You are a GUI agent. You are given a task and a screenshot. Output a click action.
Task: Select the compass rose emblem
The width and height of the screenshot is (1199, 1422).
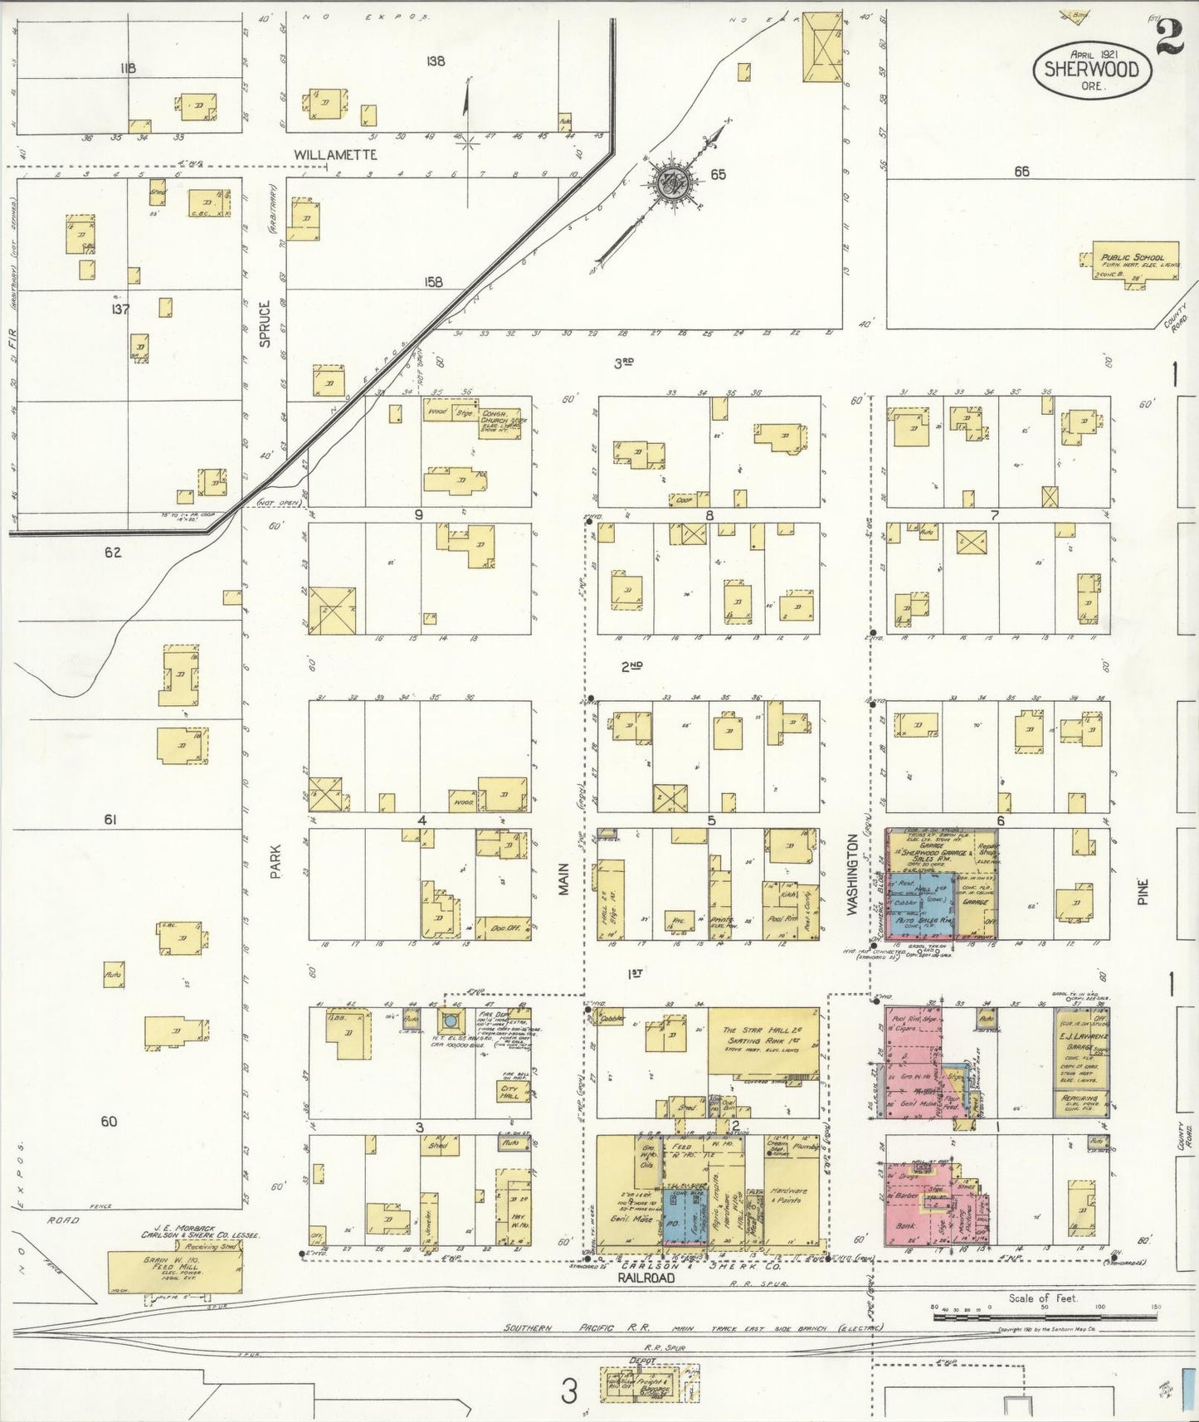[x=670, y=183]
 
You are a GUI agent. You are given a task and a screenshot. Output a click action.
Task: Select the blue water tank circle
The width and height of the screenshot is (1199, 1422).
[x=451, y=1020]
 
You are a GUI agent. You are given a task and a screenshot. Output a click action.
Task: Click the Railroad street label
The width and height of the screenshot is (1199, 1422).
[x=646, y=1302]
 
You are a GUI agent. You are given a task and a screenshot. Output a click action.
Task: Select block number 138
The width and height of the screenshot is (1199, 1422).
[x=435, y=61]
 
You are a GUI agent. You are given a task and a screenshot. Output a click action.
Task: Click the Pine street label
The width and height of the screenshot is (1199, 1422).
[x=1142, y=892]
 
